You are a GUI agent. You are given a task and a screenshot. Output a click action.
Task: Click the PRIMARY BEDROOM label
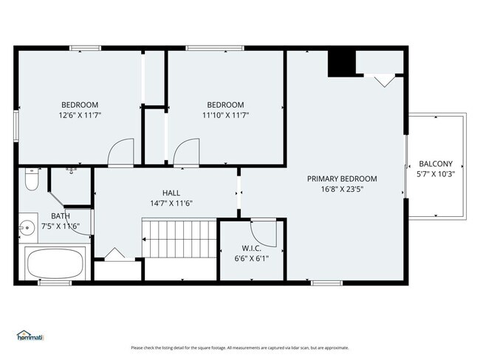point(342,179)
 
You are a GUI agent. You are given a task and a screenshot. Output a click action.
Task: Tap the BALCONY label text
point(435,164)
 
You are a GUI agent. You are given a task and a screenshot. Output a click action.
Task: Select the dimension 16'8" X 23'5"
point(342,189)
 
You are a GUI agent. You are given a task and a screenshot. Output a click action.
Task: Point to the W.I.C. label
point(250,248)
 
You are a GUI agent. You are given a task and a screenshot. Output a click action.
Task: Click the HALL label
point(171,193)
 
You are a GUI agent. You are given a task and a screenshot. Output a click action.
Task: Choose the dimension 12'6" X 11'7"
point(79,115)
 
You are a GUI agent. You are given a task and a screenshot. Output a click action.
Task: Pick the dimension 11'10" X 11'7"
point(225,115)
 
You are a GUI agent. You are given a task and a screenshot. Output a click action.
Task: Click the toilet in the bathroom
point(32,179)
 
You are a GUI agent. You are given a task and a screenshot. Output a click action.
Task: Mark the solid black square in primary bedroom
point(341,63)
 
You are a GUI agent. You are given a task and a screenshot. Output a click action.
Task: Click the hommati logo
point(30,337)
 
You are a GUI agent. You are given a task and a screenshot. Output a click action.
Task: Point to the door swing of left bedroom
point(120,153)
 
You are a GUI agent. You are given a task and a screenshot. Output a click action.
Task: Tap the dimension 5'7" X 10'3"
point(435,174)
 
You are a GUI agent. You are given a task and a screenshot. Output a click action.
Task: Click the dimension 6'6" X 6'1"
point(250,258)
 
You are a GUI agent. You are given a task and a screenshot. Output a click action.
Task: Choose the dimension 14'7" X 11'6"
point(171,203)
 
